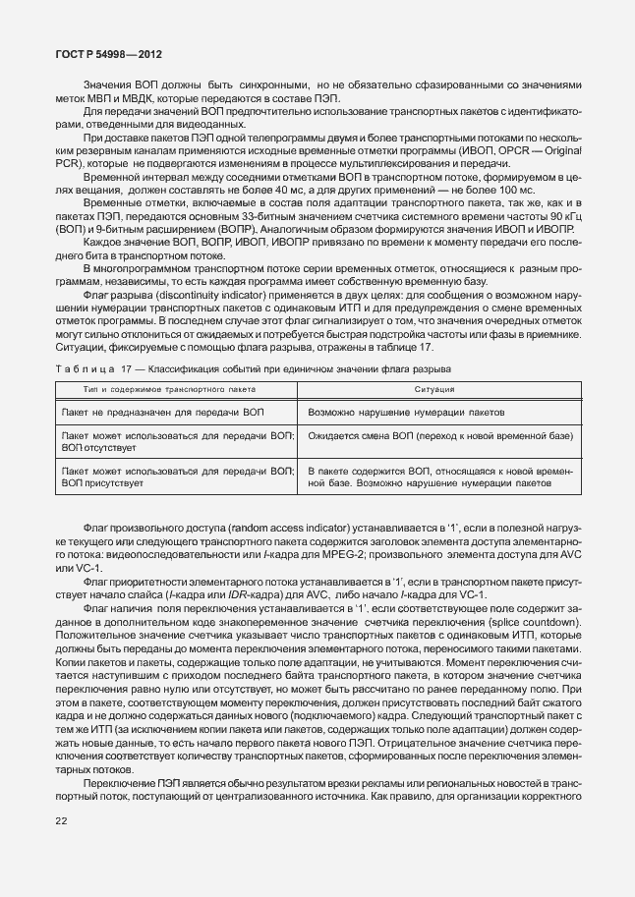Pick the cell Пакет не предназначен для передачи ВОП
pos(163,413)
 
